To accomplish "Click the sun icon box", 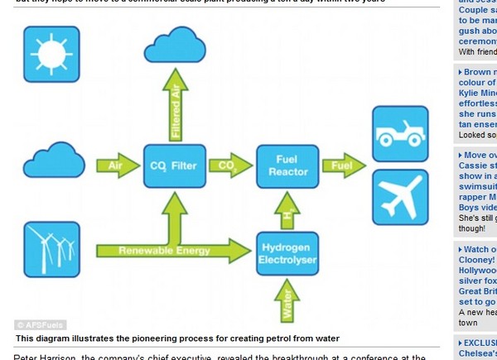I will pos(51,54).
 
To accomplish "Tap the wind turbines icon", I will pos(51,248).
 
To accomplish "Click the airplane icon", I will pos(400,197).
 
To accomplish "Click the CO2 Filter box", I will pos(174,166).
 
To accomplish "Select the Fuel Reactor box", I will pos(287,166).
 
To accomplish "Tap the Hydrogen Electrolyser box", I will pos(287,253).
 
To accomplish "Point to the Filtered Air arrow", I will pos(175,104).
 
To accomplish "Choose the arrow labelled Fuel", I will pos(342,166).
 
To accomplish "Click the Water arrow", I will pos(287,300).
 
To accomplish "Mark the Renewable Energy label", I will pos(164,250).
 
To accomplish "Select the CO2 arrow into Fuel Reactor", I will pos(229,166).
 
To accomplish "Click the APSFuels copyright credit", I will pos(41,325).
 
